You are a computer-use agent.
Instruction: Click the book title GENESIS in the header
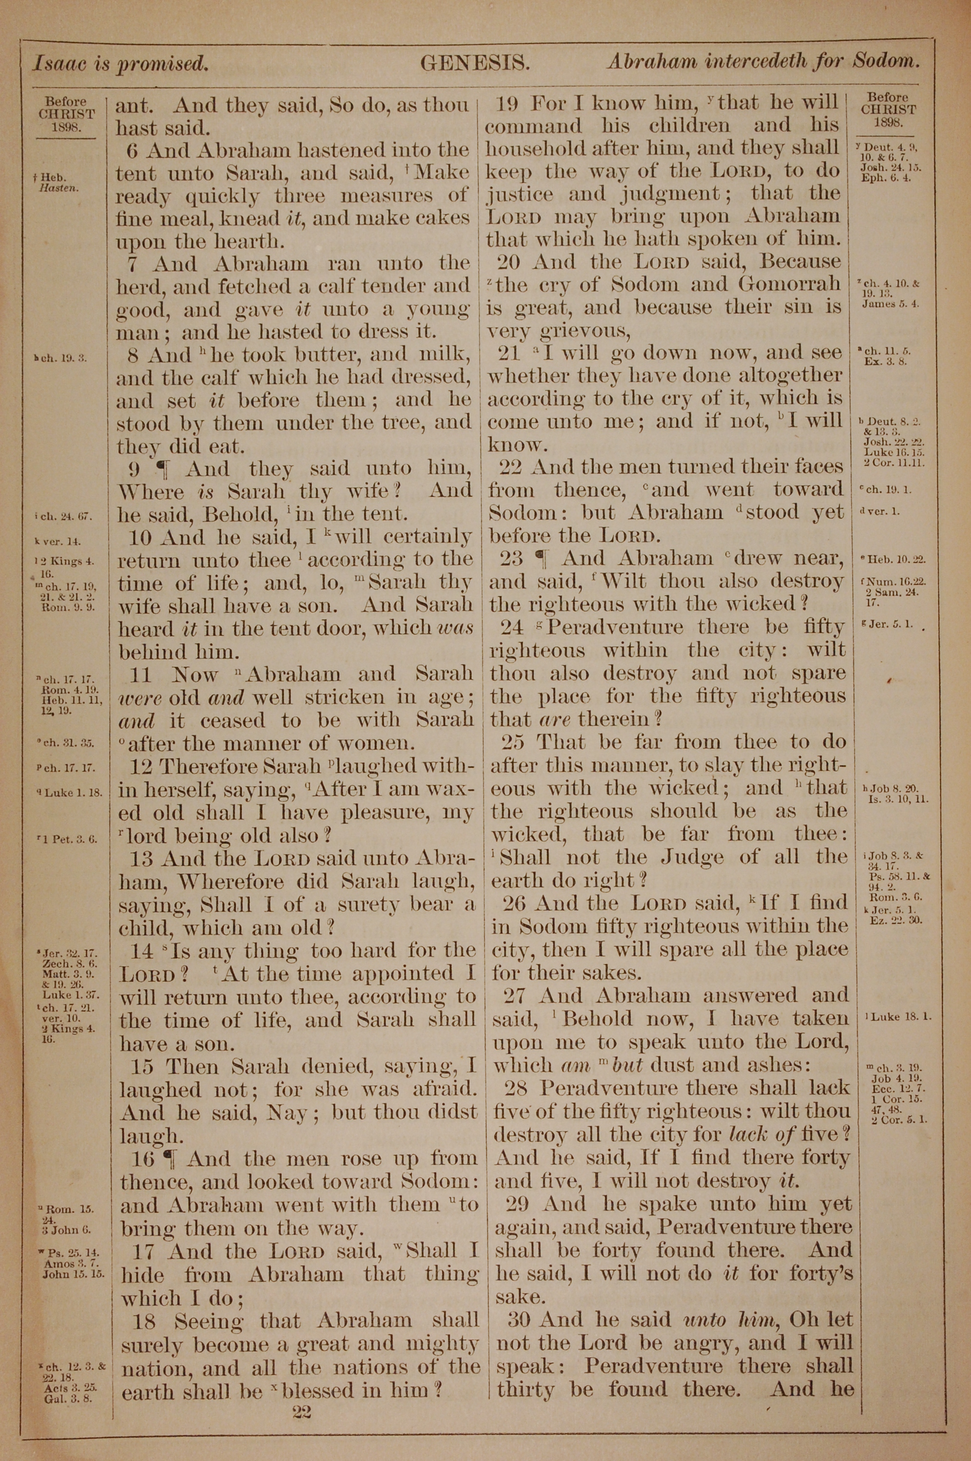[x=474, y=62]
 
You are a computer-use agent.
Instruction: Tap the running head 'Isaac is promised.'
[x=119, y=63]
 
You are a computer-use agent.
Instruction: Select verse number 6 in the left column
[x=132, y=150]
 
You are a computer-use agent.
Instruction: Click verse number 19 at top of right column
[x=510, y=103]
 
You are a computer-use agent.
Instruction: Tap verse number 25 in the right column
[x=513, y=742]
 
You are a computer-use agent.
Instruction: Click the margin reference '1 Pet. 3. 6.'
[x=69, y=840]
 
